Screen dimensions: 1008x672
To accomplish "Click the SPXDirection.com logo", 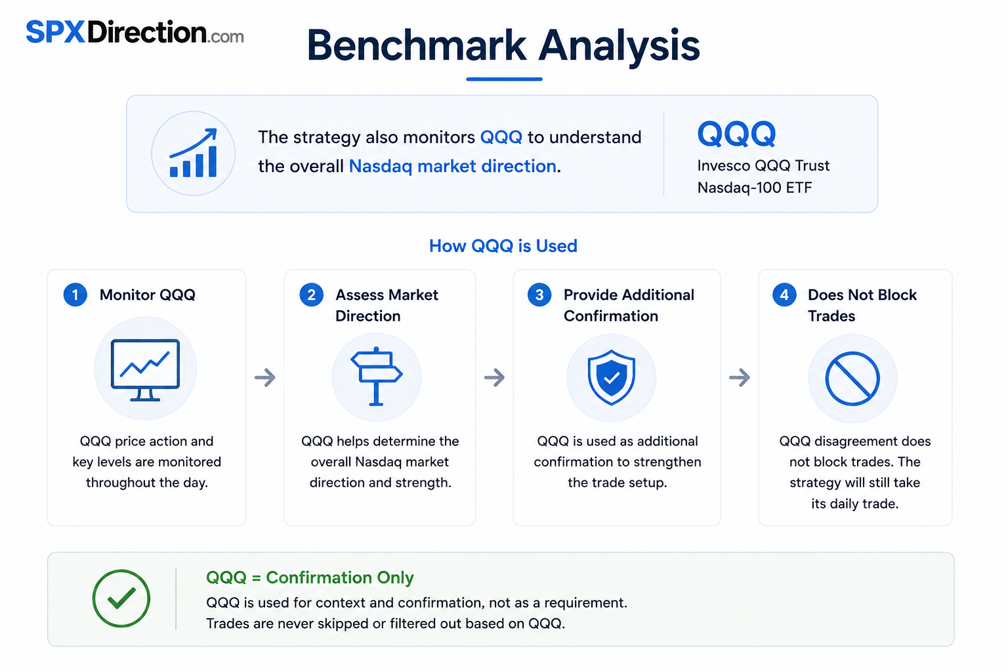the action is pyautogui.click(x=135, y=32).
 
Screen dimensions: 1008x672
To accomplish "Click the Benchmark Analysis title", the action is pyautogui.click(x=503, y=45).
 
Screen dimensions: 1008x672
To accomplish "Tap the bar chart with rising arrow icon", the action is pyautogui.click(x=194, y=153).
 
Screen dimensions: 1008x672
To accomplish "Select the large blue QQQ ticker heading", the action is pyautogui.click(x=736, y=134).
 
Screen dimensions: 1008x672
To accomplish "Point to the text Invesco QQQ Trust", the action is pyautogui.click(x=763, y=165).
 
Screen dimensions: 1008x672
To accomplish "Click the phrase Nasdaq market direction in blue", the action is pyautogui.click(x=453, y=166).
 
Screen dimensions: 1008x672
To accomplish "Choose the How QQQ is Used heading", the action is pyautogui.click(x=503, y=245).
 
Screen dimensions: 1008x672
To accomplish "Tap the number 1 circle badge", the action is pyautogui.click(x=75, y=295).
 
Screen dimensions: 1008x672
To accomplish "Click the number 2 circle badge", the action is pyautogui.click(x=312, y=295).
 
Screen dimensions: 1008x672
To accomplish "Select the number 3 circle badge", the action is pyautogui.click(x=539, y=295).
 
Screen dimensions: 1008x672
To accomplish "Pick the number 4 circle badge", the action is pyautogui.click(x=784, y=295).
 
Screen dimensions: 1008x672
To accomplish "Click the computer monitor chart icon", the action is pyautogui.click(x=145, y=369).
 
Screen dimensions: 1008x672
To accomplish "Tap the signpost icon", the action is pyautogui.click(x=377, y=376).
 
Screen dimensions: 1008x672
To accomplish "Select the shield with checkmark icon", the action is pyautogui.click(x=611, y=377).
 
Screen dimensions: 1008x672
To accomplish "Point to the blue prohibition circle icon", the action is pyautogui.click(x=852, y=379).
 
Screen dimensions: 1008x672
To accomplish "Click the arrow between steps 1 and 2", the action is pyautogui.click(x=265, y=377).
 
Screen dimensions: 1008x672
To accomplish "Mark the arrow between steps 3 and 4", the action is pyautogui.click(x=740, y=377).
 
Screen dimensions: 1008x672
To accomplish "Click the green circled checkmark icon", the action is pyautogui.click(x=121, y=598).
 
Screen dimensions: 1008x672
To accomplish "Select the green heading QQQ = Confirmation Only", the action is pyautogui.click(x=310, y=577).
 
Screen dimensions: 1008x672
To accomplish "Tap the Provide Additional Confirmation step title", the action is pyautogui.click(x=629, y=305).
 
